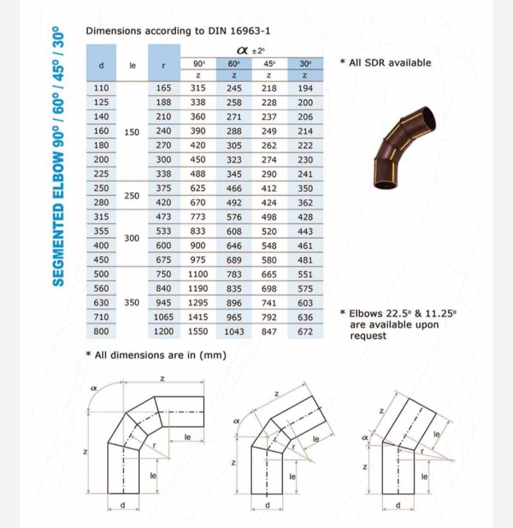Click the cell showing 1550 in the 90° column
[198, 332]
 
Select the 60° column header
[234, 64]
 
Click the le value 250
[132, 196]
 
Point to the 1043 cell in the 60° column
[234, 332]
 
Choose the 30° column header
[305, 64]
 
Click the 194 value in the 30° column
[305, 88]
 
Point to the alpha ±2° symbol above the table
[250, 51]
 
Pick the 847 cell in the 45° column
[269, 332]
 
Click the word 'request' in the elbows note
[368, 336]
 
